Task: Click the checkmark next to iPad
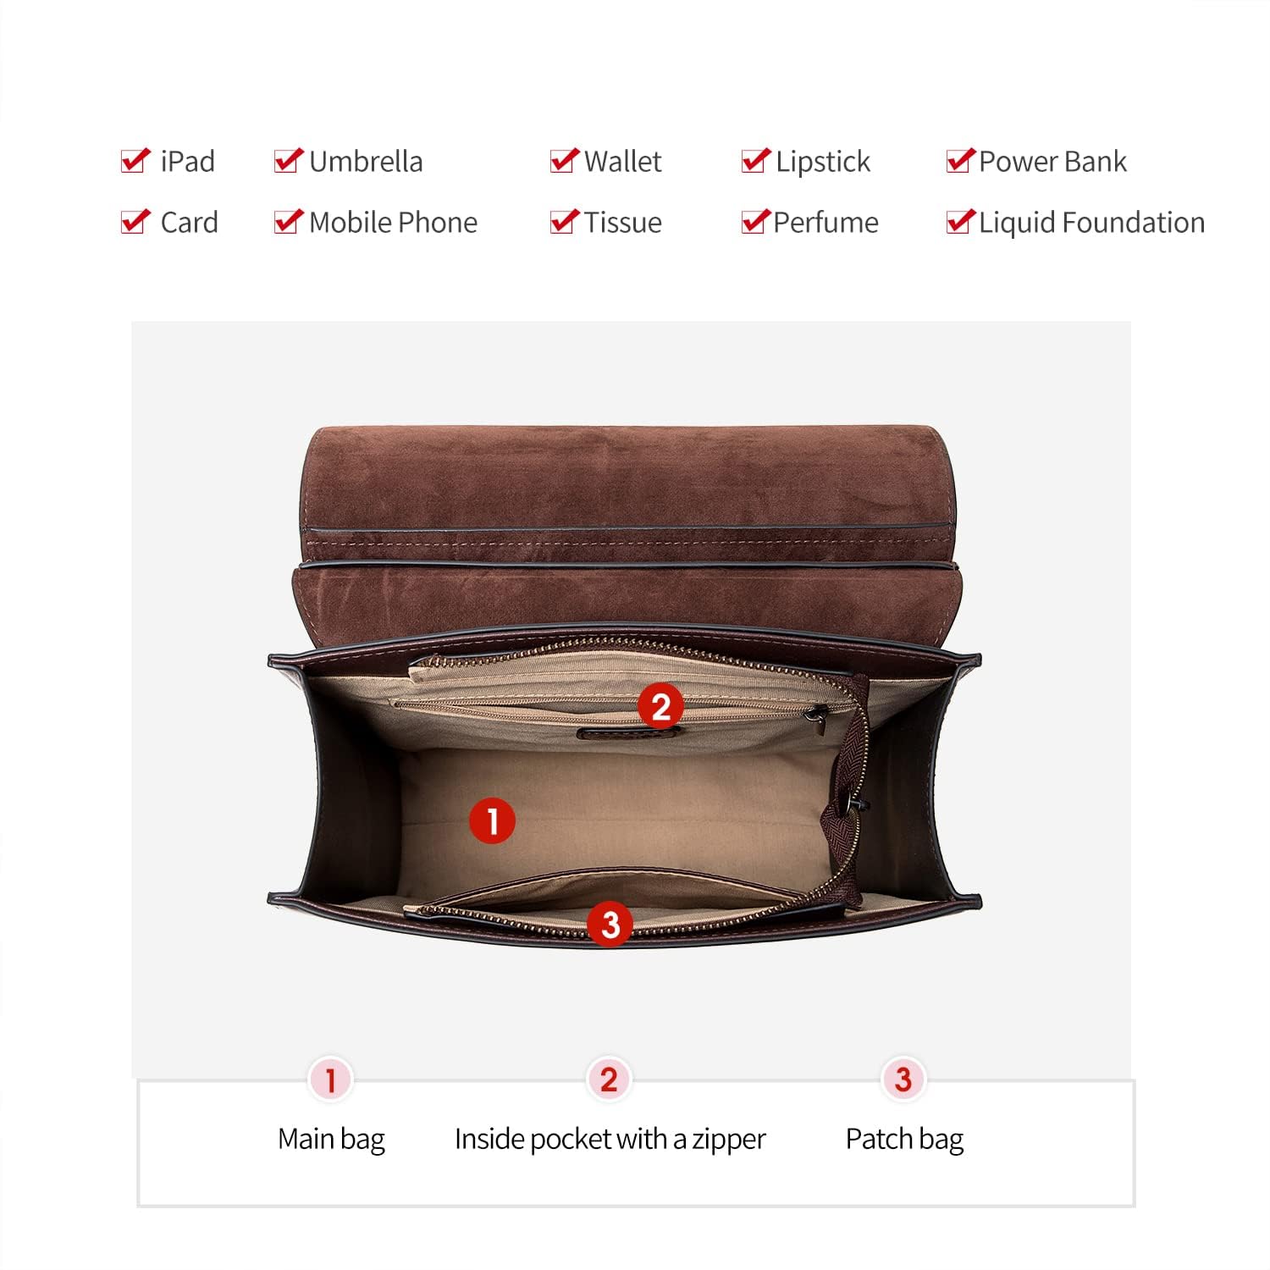tap(135, 160)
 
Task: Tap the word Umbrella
tap(366, 161)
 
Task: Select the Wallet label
tap(623, 161)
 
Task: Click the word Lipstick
tap(823, 162)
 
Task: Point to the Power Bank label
tap(1052, 161)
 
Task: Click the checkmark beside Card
tap(135, 221)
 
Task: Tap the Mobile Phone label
tap(394, 222)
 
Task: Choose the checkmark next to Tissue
tap(565, 221)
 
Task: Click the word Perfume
tap(826, 222)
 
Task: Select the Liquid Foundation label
tap(1092, 222)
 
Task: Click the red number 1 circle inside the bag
tap(492, 820)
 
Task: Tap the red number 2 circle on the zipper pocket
tap(660, 706)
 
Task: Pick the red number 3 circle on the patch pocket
tap(610, 924)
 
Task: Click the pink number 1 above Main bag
tap(330, 1079)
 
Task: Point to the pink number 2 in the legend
tap(609, 1079)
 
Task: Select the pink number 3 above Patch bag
tap(903, 1079)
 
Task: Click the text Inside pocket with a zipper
tap(610, 1140)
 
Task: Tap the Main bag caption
tap(331, 1140)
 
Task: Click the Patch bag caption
tap(904, 1140)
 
